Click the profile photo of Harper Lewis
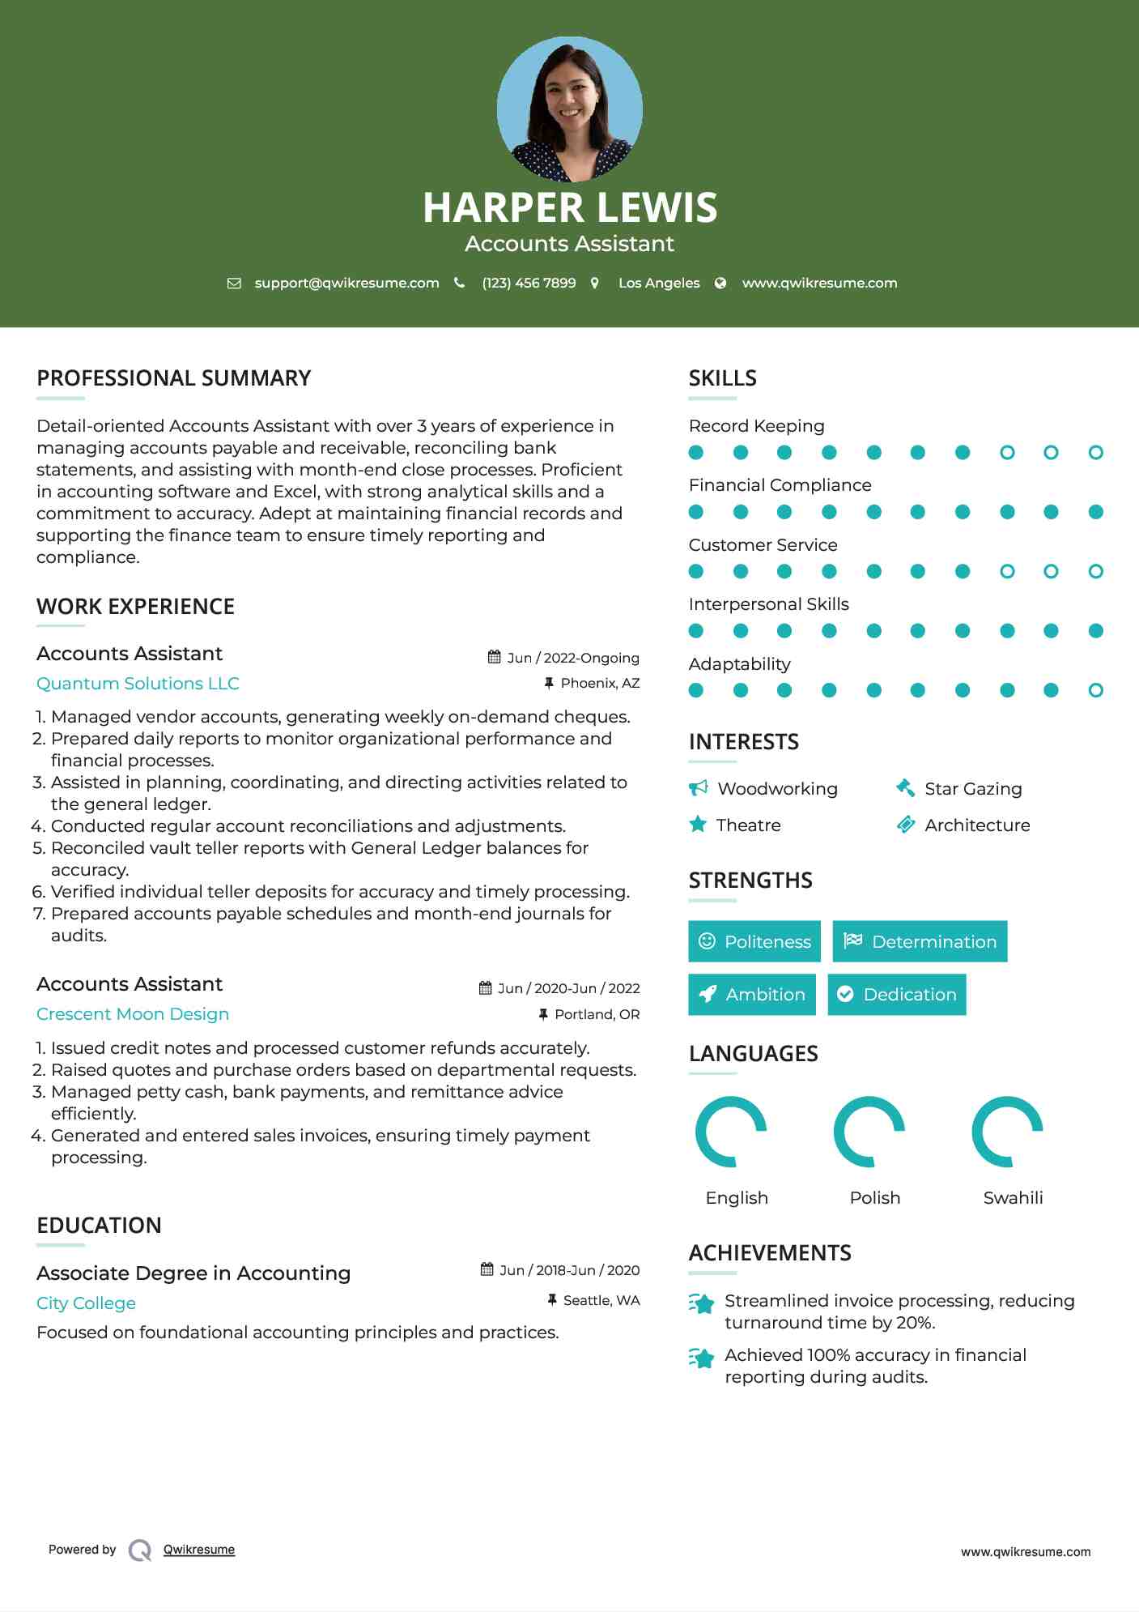[x=569, y=109]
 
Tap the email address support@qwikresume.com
[x=346, y=283]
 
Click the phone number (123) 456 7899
[x=529, y=283]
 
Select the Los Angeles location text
[x=658, y=283]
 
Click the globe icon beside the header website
[x=720, y=283]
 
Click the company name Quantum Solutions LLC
[x=138, y=684]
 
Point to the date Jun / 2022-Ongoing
[x=572, y=658]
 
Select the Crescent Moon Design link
[x=133, y=1014]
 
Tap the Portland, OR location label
[x=597, y=1014]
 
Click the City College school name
[x=86, y=1303]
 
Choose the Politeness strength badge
[x=754, y=941]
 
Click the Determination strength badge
[x=920, y=941]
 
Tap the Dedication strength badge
[x=896, y=994]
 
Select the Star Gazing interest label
[x=972, y=789]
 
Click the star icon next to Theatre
[x=698, y=825]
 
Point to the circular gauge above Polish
[x=869, y=1132]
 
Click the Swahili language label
[x=1013, y=1198]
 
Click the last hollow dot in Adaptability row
[x=1095, y=690]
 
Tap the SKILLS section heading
[x=722, y=378]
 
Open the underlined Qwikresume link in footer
[x=199, y=1550]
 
